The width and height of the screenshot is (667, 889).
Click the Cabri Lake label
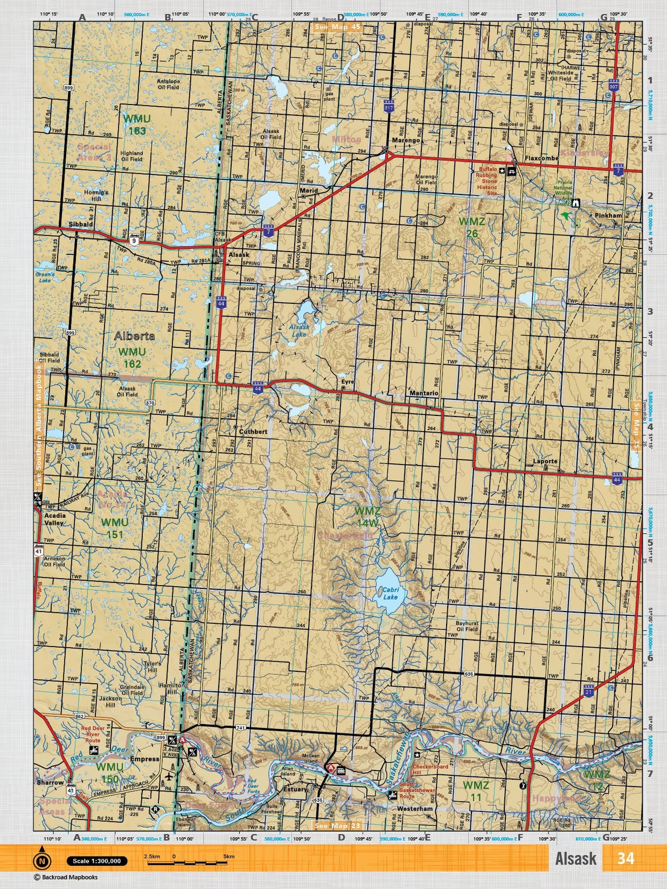pyautogui.click(x=390, y=593)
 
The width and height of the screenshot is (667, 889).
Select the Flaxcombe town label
pyautogui.click(x=541, y=158)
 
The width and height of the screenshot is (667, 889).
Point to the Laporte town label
pyautogui.click(x=545, y=462)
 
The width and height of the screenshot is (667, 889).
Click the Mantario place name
pyautogui.click(x=424, y=393)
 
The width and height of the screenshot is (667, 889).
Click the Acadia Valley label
pyautogui.click(x=54, y=519)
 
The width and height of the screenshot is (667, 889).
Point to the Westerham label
pyautogui.click(x=415, y=809)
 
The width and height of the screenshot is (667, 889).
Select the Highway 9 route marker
pyautogui.click(x=134, y=241)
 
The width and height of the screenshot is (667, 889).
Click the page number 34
pyautogui.click(x=625, y=858)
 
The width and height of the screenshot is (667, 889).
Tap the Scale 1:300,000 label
pyautogui.click(x=97, y=861)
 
